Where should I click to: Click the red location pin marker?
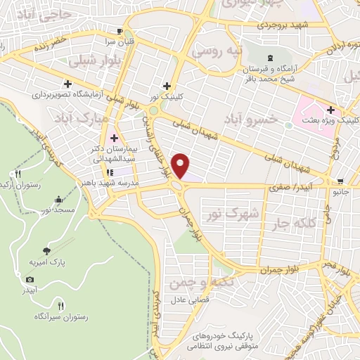click(182, 165)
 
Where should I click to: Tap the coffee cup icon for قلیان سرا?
click(120, 32)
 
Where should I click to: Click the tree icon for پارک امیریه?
click(46, 250)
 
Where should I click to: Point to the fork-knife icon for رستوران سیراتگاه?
click(60, 306)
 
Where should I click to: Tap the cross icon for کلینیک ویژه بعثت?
click(330, 110)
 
